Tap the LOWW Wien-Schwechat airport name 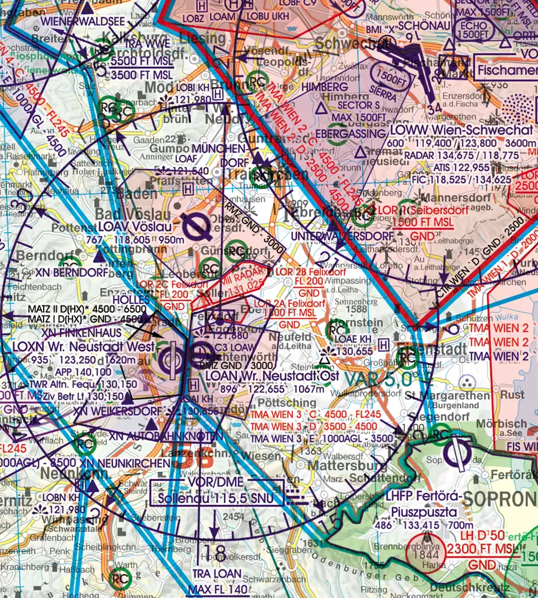461,130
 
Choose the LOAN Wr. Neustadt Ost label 271,376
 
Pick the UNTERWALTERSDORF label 341,236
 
